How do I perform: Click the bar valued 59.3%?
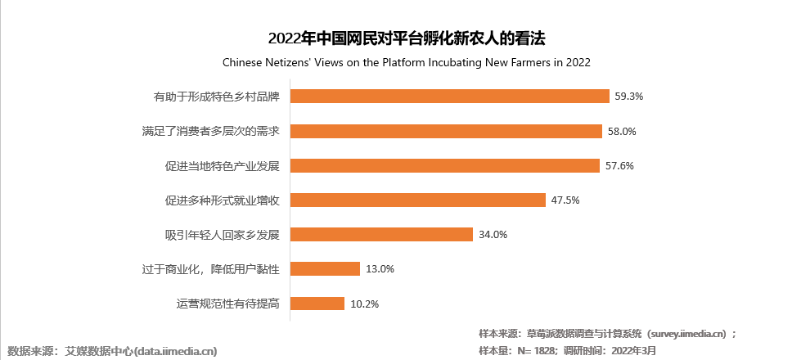(x=450, y=96)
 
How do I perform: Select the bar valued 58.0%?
(x=447, y=131)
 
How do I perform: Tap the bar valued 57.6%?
(x=446, y=165)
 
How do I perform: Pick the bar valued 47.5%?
(x=418, y=200)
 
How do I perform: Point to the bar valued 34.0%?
(x=382, y=235)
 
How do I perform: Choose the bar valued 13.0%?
(x=326, y=269)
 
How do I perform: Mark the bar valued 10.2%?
(x=317, y=304)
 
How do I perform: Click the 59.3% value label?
(x=629, y=96)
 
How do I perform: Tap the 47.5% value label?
(x=565, y=200)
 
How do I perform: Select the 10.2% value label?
(x=364, y=304)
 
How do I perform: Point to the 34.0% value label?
(x=493, y=235)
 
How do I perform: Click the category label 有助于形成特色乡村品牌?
(x=217, y=97)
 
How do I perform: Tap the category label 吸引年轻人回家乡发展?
(x=223, y=235)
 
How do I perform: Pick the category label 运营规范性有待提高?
(x=228, y=304)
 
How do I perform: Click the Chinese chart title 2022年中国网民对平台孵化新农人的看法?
(x=407, y=38)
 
